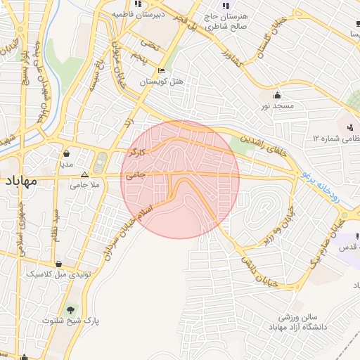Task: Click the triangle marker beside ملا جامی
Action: pos(85,174)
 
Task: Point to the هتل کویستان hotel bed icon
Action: pos(162,71)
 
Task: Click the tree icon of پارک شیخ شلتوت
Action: pos(70,309)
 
